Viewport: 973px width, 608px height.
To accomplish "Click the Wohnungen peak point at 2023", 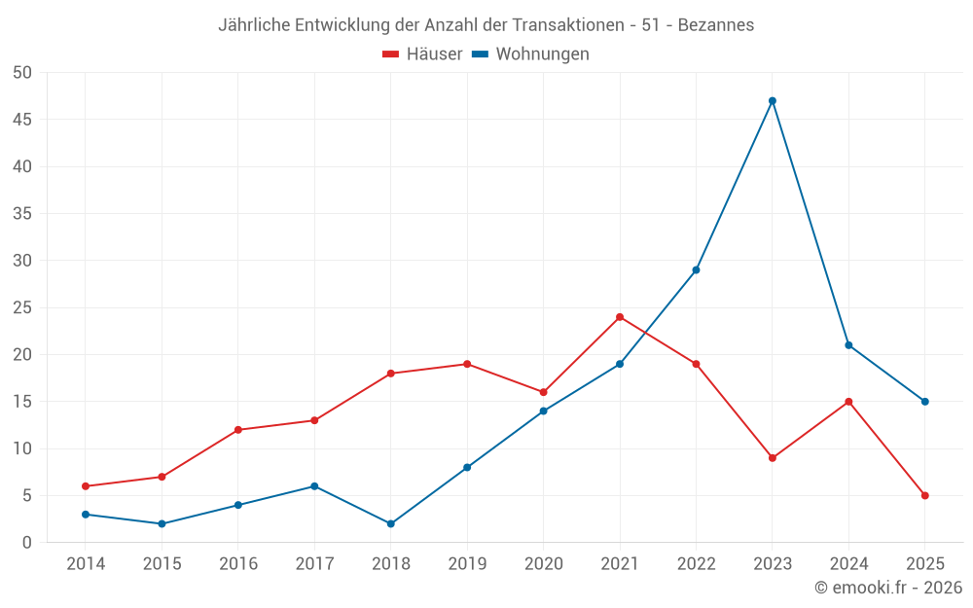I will click(x=773, y=101).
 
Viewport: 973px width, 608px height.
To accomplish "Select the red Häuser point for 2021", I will click(x=620, y=317).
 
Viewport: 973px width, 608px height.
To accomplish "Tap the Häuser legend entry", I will click(x=422, y=54).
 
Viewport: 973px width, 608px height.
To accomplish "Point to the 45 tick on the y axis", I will click(x=22, y=120).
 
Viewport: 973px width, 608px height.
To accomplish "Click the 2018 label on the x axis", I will click(x=391, y=564).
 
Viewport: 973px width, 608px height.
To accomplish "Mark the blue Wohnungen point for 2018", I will click(x=391, y=524).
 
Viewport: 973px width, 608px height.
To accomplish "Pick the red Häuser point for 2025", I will click(x=925, y=496).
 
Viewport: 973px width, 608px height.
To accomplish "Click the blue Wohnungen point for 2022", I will click(x=696, y=270).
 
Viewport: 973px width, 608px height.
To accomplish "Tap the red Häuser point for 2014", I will click(x=86, y=486).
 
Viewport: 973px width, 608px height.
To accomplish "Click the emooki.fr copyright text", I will click(x=888, y=588).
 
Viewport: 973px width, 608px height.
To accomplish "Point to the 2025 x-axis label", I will click(x=925, y=564).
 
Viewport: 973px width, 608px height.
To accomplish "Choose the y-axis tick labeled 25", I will click(x=22, y=307).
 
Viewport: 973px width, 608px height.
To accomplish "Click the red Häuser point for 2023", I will click(x=773, y=458).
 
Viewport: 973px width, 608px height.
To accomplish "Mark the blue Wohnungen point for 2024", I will click(x=848, y=345).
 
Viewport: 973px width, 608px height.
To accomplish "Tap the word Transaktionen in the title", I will click(x=566, y=25).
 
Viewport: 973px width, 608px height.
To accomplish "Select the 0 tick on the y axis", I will click(x=27, y=543).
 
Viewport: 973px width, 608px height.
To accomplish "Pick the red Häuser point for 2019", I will click(x=467, y=365).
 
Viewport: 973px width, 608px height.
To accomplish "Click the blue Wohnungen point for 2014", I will click(x=86, y=515).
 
